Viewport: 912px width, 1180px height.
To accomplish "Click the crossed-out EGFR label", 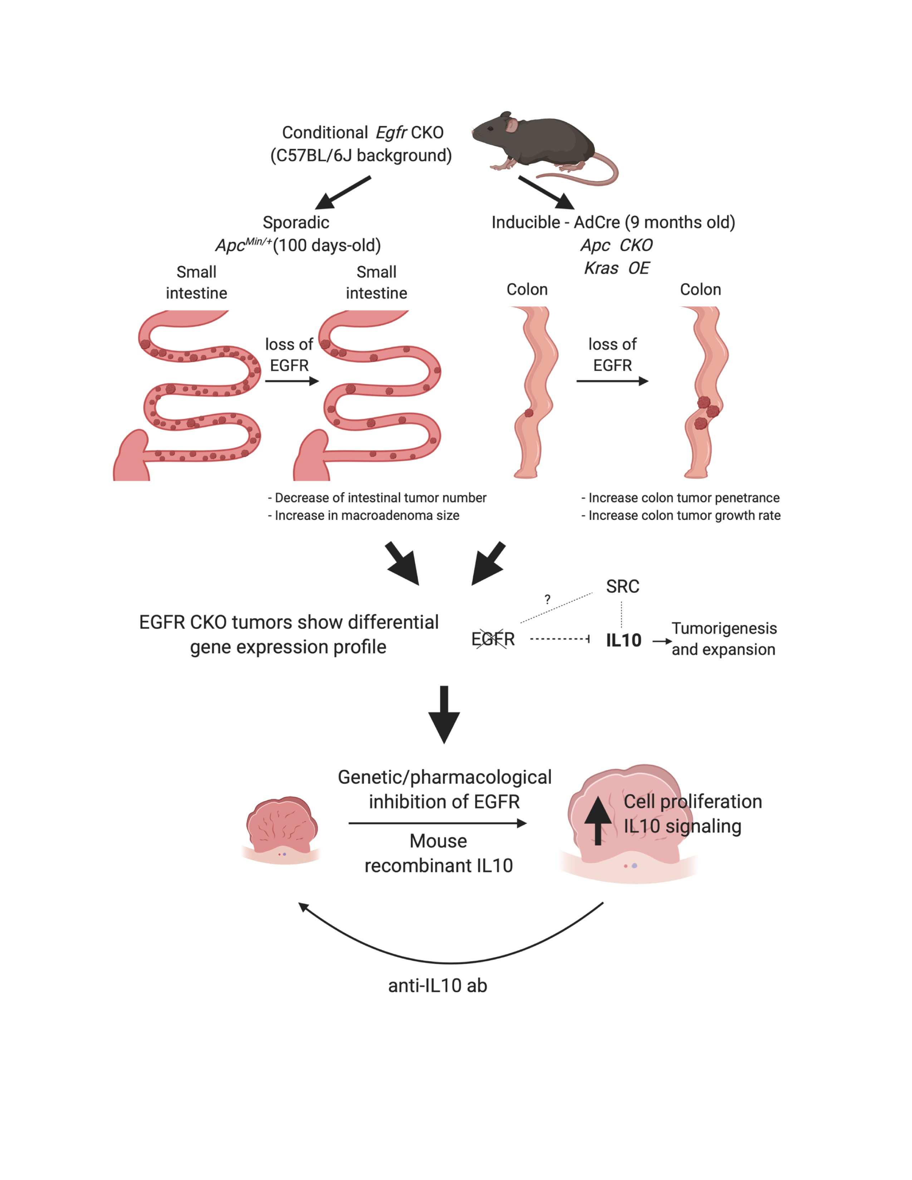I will (493, 639).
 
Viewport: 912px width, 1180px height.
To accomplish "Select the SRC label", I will (622, 586).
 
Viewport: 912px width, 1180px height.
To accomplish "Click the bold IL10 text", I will (623, 640).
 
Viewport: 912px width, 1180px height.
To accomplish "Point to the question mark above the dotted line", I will (547, 599).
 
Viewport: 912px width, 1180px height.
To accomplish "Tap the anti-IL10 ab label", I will (438, 985).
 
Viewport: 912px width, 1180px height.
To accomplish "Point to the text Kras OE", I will (617, 268).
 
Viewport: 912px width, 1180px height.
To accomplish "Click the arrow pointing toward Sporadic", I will (343, 193).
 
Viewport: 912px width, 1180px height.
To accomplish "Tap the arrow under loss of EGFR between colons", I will (612, 381).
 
